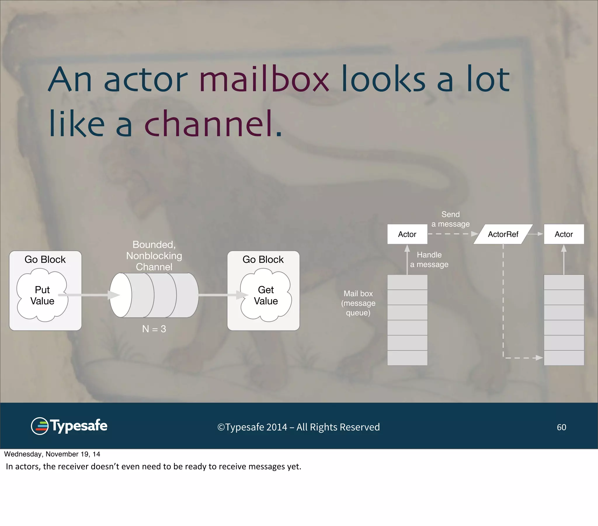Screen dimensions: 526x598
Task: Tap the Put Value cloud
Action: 42,295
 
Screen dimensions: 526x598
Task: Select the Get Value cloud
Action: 266,295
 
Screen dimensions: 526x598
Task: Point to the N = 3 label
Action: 154,329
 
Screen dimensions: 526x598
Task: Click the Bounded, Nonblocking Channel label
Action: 154,255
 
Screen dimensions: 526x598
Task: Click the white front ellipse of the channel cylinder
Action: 121,295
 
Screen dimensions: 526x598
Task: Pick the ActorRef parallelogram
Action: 503,234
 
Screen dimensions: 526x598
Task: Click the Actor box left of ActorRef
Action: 407,234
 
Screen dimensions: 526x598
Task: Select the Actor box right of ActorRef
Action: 564,234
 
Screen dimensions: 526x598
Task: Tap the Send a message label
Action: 450,219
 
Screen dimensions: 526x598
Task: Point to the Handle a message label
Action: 429,259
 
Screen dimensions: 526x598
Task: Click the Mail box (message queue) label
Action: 358,303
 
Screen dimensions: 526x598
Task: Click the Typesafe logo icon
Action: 39,426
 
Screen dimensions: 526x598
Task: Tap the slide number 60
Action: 561,427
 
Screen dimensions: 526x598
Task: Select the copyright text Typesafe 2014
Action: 298,427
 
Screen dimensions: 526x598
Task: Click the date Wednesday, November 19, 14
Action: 52,454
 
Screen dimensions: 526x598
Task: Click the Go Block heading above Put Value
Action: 45,259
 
